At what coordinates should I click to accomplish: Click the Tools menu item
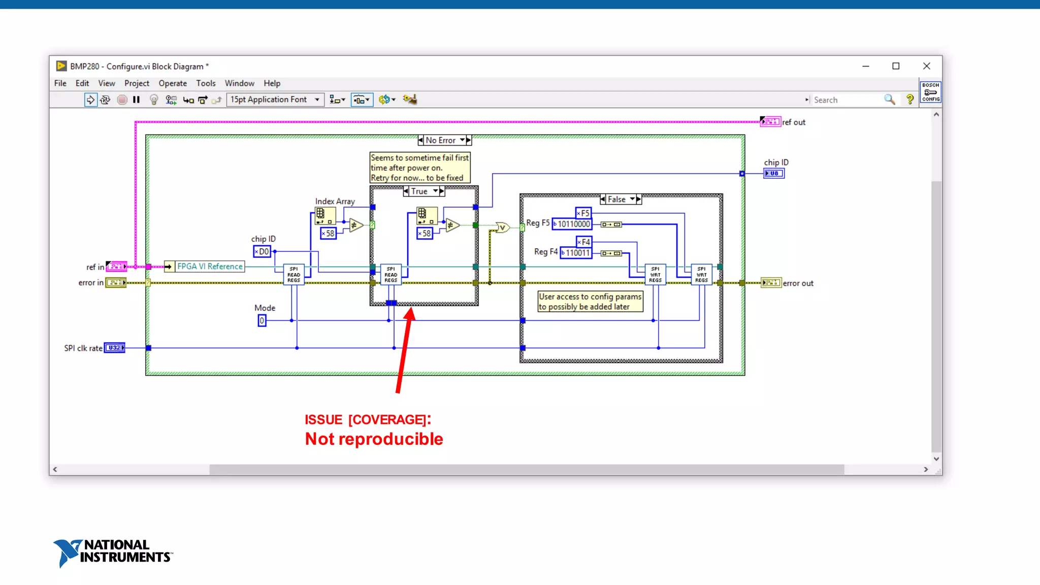206,83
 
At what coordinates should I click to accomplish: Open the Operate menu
173,83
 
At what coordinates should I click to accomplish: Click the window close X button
926,66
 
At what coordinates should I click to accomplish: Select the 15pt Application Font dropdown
275,100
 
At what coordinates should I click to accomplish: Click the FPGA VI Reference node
209,267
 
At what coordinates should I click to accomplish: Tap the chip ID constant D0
262,251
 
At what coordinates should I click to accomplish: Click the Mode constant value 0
262,320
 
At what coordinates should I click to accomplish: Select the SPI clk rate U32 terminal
114,348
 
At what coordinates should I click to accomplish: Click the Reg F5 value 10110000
572,224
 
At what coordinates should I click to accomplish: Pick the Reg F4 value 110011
576,253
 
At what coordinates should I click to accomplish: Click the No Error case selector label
440,140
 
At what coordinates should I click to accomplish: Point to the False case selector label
616,200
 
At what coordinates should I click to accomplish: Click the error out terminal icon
771,283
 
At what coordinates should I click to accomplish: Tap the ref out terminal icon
770,122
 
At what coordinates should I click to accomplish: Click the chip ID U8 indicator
774,174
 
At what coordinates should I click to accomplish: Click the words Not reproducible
374,439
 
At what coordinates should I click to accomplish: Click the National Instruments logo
113,552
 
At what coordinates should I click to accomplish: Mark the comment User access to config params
590,302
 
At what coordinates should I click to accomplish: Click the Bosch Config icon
930,92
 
